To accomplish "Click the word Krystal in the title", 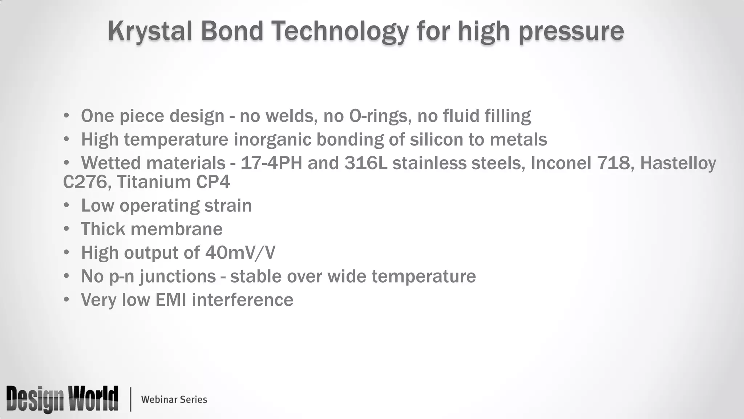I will coord(150,31).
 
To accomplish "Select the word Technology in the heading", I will coord(340,31).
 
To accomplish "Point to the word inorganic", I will coord(272,140).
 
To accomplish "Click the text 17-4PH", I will coord(271,163).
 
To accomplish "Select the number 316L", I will coord(365,163).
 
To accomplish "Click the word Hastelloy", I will coord(678,163).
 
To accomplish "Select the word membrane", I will coord(176,229).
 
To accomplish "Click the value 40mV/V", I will coord(240,253).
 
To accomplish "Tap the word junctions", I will coord(178,276).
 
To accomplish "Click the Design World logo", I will coord(62,399).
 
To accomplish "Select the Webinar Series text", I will coord(174,399).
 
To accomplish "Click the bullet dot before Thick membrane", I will coord(66,229).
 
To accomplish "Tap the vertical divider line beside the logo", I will coord(130,399).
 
